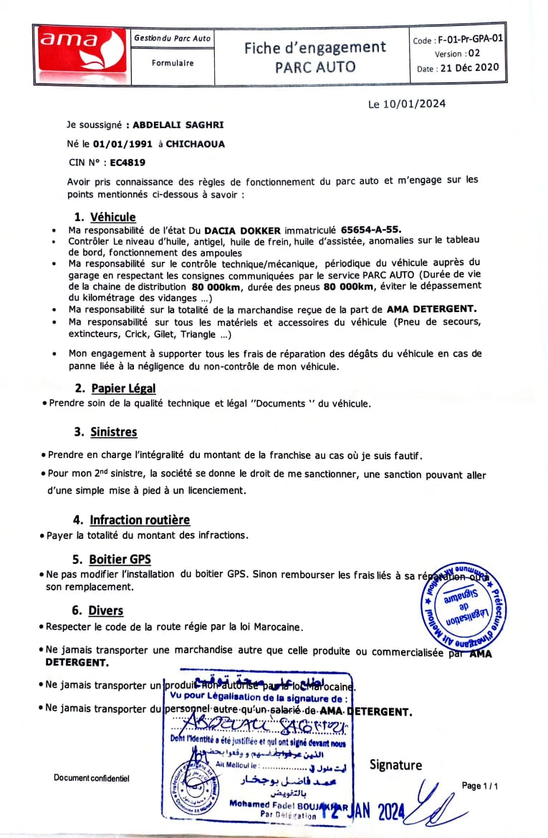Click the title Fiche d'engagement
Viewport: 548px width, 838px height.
[314, 48]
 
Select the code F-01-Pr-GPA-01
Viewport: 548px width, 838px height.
[466, 40]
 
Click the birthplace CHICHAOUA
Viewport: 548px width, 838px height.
[195, 144]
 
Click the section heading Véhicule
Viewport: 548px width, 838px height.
[112, 217]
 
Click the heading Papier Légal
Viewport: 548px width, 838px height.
[123, 388]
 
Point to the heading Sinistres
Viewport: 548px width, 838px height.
[113, 432]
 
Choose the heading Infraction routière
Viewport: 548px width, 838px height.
[140, 520]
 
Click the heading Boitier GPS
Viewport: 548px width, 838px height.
[120, 559]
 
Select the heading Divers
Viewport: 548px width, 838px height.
[105, 610]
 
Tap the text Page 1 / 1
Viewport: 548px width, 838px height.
[479, 786]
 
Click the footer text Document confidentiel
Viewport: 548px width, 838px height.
[92, 778]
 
